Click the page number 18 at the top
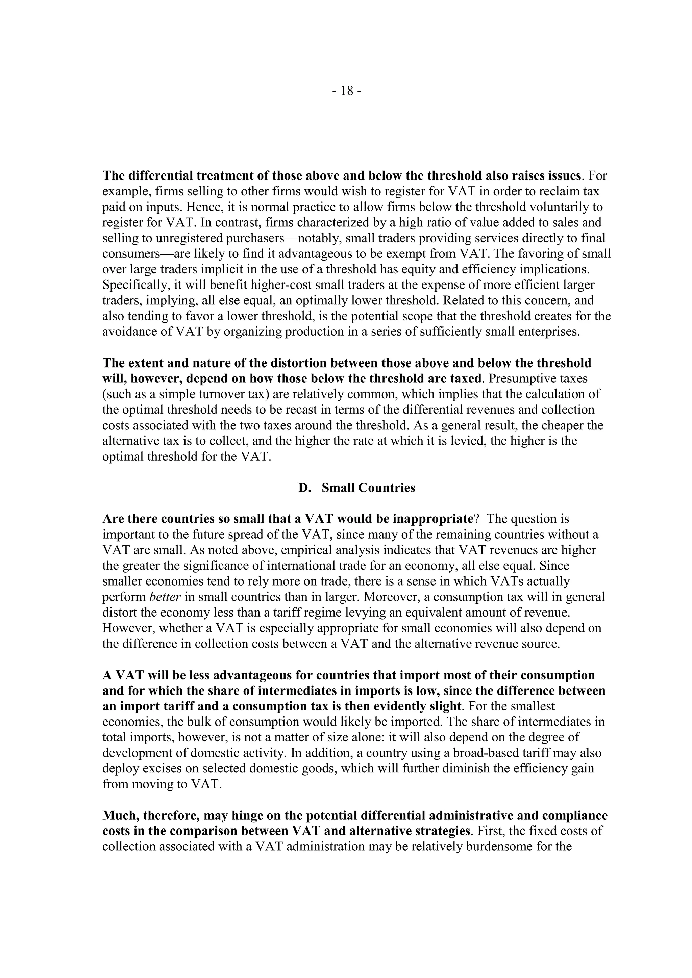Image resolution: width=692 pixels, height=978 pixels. tap(347, 91)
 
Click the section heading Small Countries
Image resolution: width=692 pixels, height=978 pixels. tap(368, 488)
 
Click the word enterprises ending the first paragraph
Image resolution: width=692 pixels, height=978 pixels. tap(549, 332)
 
